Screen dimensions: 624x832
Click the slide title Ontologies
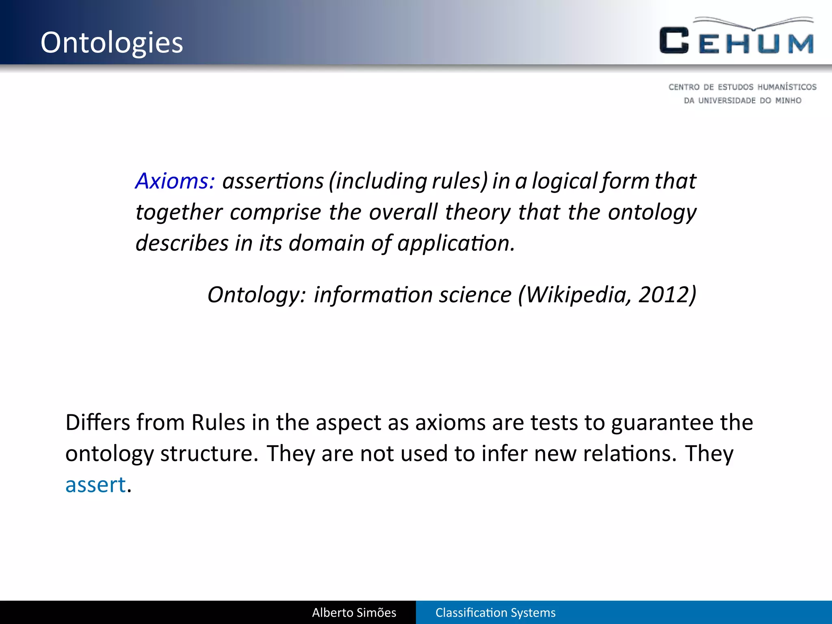(112, 43)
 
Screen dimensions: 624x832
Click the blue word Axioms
(175, 181)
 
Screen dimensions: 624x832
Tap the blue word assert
(95, 485)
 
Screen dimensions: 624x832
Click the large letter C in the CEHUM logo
(674, 41)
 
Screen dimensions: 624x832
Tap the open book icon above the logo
(754, 24)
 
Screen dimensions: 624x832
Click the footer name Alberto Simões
(354, 612)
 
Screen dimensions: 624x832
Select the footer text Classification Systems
(495, 612)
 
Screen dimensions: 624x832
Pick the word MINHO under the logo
(788, 100)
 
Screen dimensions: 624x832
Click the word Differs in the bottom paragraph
(97, 422)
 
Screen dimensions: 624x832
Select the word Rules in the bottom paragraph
(218, 422)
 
